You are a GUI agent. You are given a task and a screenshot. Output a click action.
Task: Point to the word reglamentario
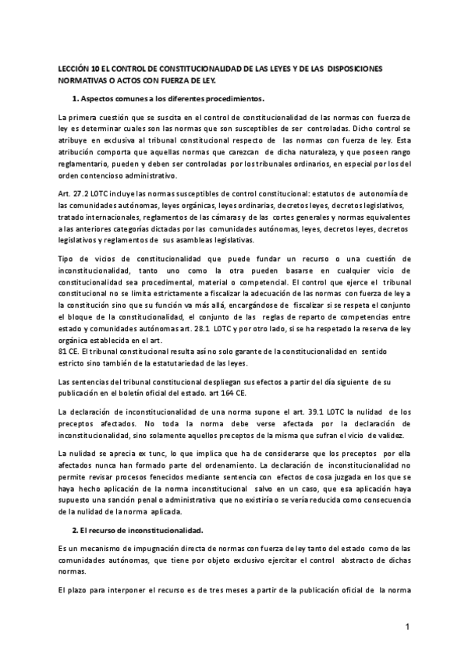(85, 165)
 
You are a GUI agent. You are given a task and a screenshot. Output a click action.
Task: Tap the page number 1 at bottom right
(407, 627)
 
